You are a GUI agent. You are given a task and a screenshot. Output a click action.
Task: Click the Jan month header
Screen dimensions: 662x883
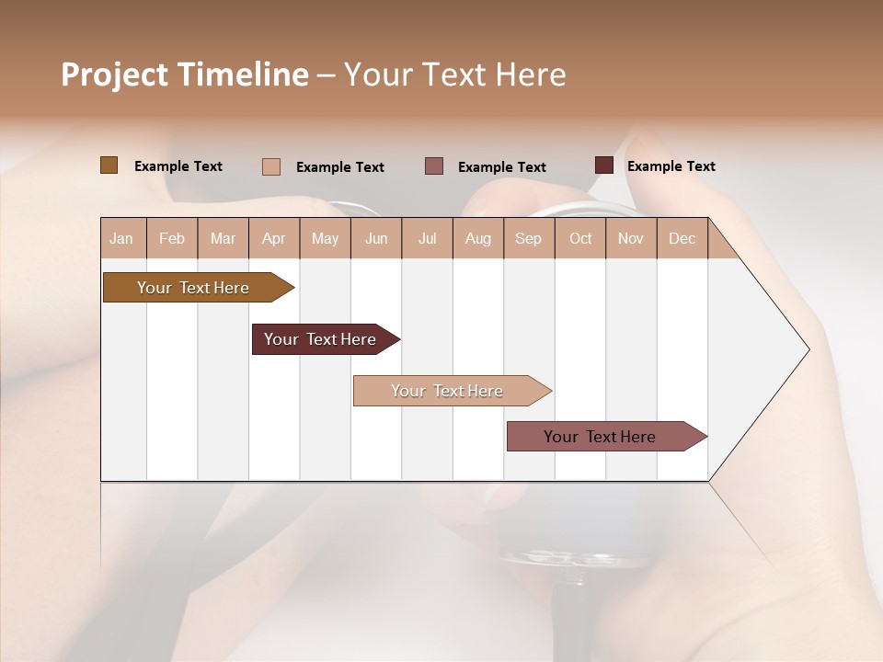coord(121,238)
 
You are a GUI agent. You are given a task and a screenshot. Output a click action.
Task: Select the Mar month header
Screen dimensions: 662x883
coord(223,238)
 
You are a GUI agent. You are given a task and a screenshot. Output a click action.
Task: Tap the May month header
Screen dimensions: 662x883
coord(325,238)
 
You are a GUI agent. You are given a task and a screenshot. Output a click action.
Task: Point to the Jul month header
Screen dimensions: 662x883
coord(427,238)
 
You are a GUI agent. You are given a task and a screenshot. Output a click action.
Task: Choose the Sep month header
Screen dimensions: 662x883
coord(528,238)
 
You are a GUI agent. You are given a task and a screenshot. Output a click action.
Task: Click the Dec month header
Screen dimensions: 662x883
coord(682,238)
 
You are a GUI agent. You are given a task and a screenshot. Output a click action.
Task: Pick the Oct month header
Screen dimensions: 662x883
coord(580,238)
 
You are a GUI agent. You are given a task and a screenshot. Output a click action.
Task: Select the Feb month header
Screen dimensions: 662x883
coord(172,238)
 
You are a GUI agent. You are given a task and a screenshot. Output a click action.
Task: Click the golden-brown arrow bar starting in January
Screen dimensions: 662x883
coord(193,288)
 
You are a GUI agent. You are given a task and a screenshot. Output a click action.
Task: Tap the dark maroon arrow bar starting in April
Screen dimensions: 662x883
coord(320,339)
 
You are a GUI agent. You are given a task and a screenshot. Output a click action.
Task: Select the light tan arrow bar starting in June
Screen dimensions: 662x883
coord(447,391)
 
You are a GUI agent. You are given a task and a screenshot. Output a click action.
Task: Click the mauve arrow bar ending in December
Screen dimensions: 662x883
coord(600,437)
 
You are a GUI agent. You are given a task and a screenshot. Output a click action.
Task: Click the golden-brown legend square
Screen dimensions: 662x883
coord(109,165)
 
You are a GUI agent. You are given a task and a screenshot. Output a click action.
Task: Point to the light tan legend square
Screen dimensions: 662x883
coord(271,166)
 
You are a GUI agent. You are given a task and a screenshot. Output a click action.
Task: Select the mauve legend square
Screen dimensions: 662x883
coord(434,166)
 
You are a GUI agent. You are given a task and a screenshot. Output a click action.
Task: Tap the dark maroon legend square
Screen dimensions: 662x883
coord(604,165)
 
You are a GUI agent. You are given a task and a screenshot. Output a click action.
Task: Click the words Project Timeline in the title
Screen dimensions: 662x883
coord(184,74)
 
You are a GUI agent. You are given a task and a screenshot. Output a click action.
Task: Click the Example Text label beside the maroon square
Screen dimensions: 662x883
coord(671,166)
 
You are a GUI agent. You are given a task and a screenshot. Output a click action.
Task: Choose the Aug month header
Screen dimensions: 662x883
coord(477,238)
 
